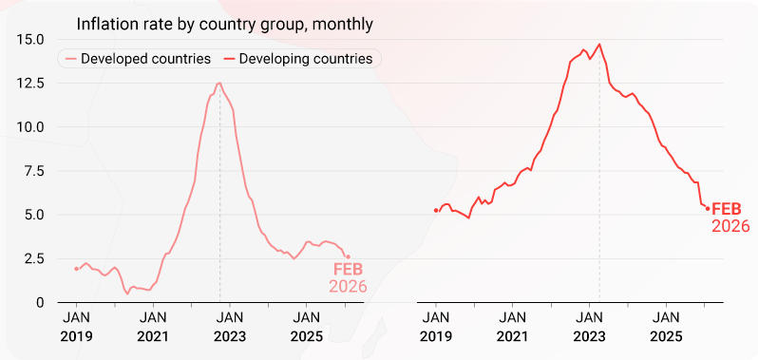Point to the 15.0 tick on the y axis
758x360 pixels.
click(x=28, y=39)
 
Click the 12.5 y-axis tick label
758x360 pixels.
click(x=28, y=83)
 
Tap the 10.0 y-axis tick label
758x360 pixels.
click(x=28, y=126)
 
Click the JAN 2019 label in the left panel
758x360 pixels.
click(x=76, y=326)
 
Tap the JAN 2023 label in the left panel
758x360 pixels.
click(x=230, y=326)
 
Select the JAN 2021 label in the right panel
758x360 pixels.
click(x=513, y=326)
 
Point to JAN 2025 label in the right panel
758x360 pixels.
click(x=667, y=326)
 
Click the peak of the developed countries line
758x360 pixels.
click(x=219, y=83)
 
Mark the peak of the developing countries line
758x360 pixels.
click(x=599, y=44)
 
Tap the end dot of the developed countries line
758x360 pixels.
click(x=348, y=256)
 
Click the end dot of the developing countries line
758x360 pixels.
click(x=708, y=209)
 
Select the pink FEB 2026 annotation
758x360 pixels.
click(x=348, y=277)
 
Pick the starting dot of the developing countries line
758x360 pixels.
click(x=436, y=210)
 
